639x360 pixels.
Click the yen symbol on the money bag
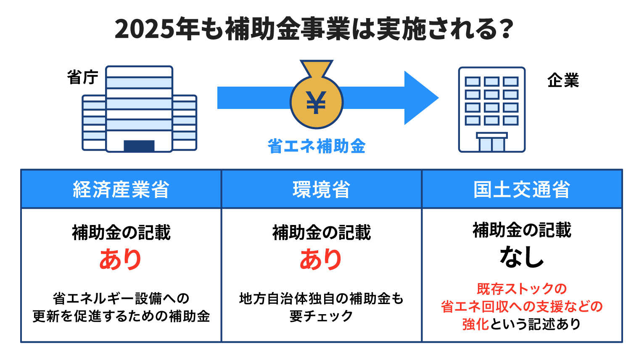tap(316, 103)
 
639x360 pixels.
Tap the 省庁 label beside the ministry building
tap(83, 77)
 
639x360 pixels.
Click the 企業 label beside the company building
tap(563, 80)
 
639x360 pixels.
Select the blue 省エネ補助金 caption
tap(317, 146)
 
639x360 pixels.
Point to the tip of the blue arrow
tap(438, 98)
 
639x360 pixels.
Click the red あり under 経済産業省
tap(120, 259)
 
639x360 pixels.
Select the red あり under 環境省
tap(321, 259)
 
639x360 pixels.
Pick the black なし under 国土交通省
tap(522, 257)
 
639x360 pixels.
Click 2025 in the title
tap(144, 29)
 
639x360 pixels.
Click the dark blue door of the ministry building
tap(139, 146)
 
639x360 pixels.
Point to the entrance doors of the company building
tap(492, 144)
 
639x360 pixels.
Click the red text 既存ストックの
tap(522, 289)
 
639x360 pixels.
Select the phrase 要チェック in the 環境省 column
tap(321, 316)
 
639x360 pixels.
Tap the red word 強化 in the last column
tap(475, 324)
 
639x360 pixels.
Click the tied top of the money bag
tap(317, 69)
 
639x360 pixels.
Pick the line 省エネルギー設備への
tap(121, 299)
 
